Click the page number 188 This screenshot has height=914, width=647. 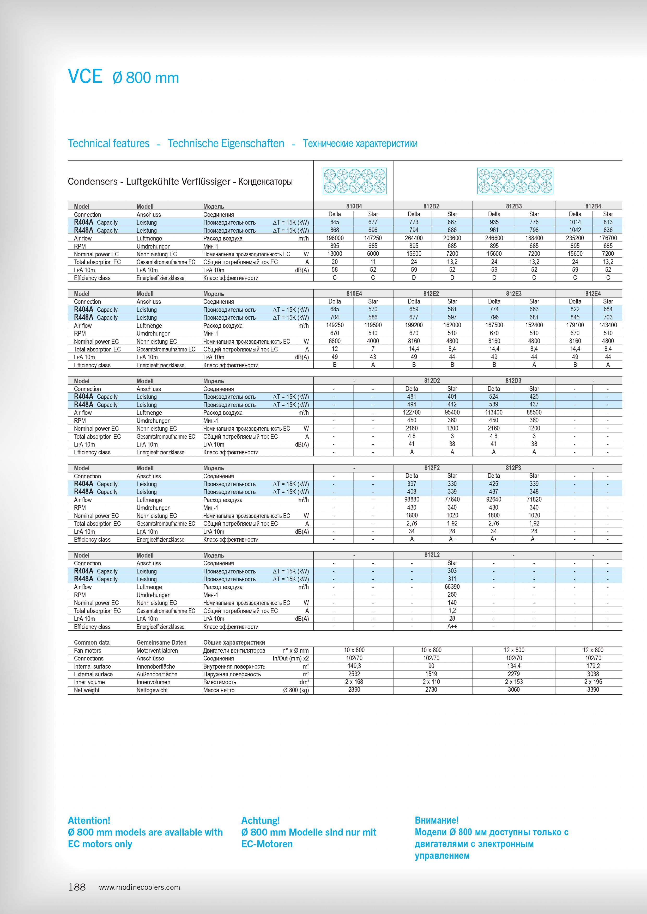click(x=77, y=887)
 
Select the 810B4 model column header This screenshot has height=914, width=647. click(x=354, y=206)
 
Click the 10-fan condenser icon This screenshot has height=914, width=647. click(x=354, y=181)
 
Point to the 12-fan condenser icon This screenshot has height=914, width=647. click(x=515, y=181)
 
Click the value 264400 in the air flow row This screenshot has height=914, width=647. click(x=414, y=238)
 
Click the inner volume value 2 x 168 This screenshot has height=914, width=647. click(x=354, y=682)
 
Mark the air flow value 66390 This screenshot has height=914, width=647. click(x=452, y=587)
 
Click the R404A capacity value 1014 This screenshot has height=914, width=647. click(x=575, y=222)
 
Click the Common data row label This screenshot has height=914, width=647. click(x=92, y=642)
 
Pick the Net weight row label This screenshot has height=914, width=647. click(x=87, y=690)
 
